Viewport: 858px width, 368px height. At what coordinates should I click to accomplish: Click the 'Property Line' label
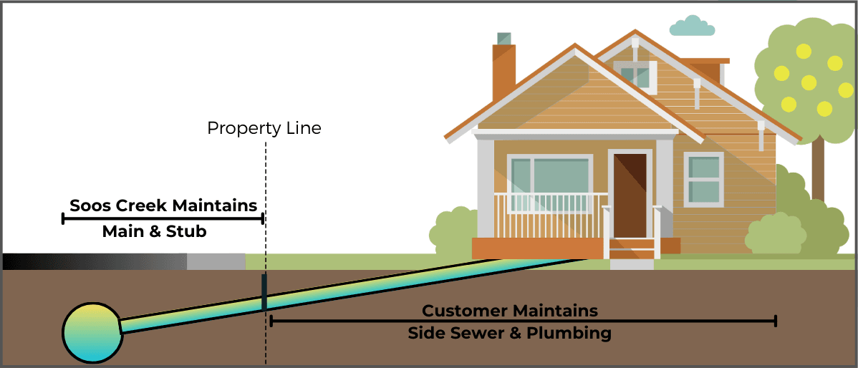coord(264,129)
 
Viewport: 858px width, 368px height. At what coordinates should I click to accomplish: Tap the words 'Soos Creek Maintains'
coord(163,205)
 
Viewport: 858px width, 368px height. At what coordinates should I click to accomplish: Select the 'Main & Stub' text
coord(154,232)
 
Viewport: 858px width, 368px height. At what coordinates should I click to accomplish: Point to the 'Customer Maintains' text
coord(509,311)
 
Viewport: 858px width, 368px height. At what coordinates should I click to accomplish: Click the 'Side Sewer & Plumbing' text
coord(509,333)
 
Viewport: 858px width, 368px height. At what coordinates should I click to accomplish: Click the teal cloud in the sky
coord(692,27)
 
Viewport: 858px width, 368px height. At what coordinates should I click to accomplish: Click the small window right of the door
coord(703,178)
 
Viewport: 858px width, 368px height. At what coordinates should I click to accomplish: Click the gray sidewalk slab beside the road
coord(216,261)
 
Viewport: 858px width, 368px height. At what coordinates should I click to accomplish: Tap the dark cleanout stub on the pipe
coord(264,291)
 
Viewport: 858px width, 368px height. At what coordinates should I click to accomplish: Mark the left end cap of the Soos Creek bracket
coord(64,218)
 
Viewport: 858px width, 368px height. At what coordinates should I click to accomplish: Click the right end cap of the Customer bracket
coord(775,321)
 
